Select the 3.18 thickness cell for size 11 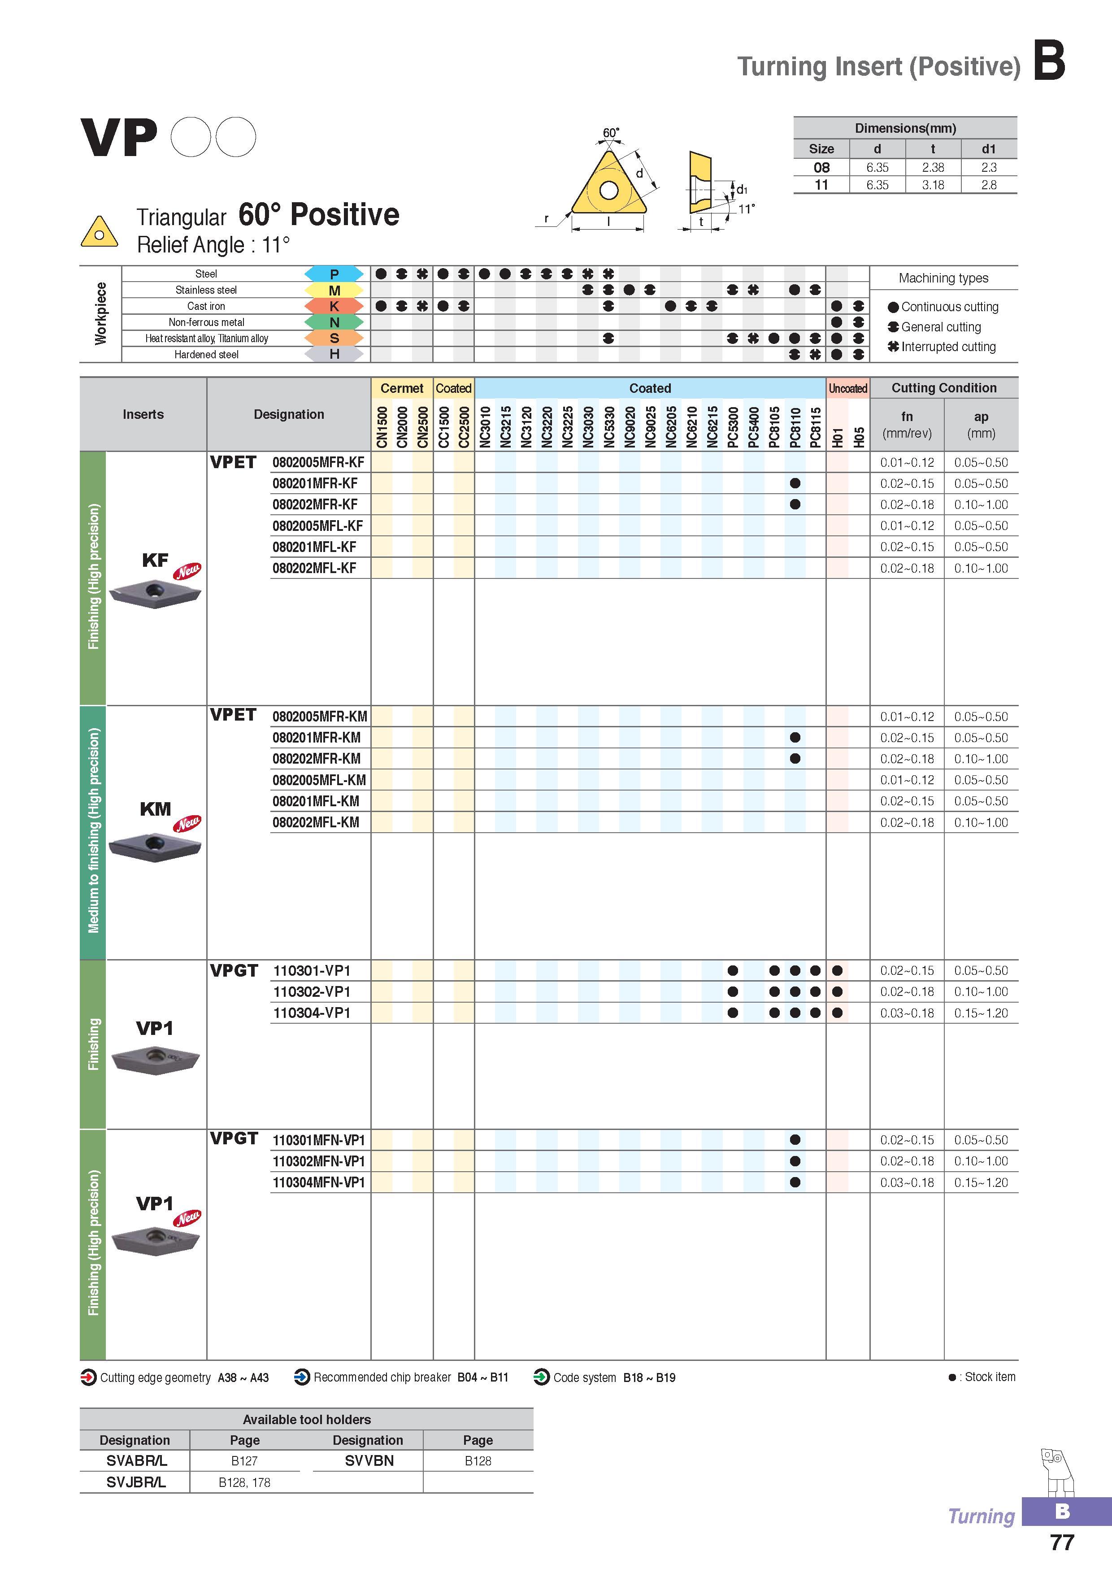933,185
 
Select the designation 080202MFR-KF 314,505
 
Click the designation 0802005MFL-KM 319,780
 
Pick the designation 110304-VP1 312,1012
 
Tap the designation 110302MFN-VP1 319,1161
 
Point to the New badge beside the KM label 187,823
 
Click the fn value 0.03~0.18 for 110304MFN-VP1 907,1182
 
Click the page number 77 1061,1543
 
